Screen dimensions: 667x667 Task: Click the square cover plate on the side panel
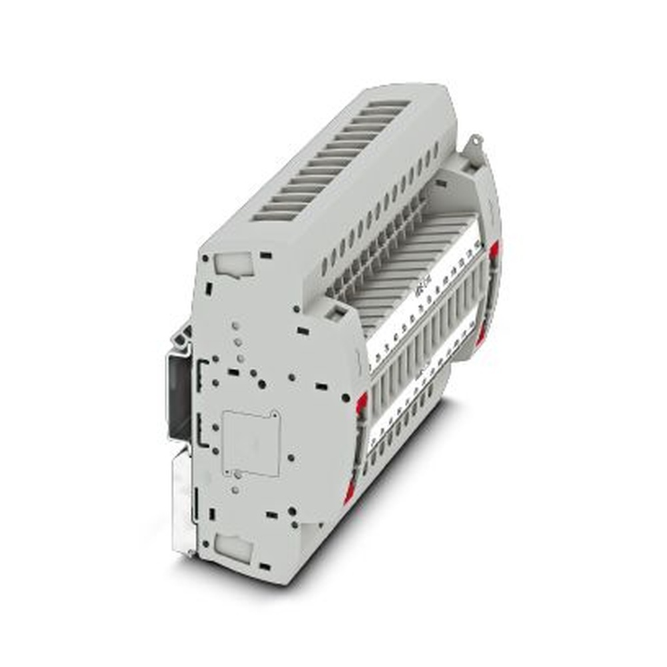point(250,442)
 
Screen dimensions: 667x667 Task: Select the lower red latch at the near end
point(349,494)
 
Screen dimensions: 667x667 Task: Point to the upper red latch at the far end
point(494,250)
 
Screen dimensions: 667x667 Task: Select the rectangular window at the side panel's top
point(234,265)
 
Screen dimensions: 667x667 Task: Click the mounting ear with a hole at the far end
point(474,143)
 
